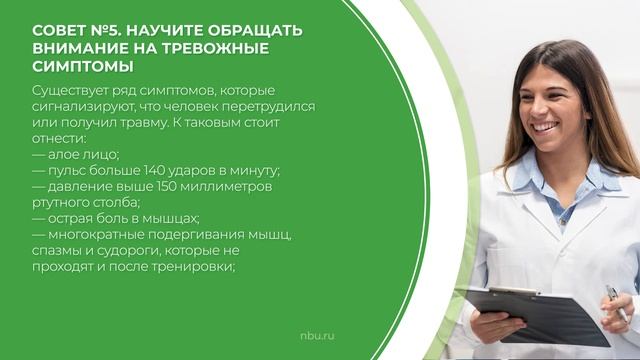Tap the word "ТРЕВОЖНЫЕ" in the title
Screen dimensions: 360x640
click(x=229, y=48)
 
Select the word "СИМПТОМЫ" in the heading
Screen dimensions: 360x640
click(x=83, y=66)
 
